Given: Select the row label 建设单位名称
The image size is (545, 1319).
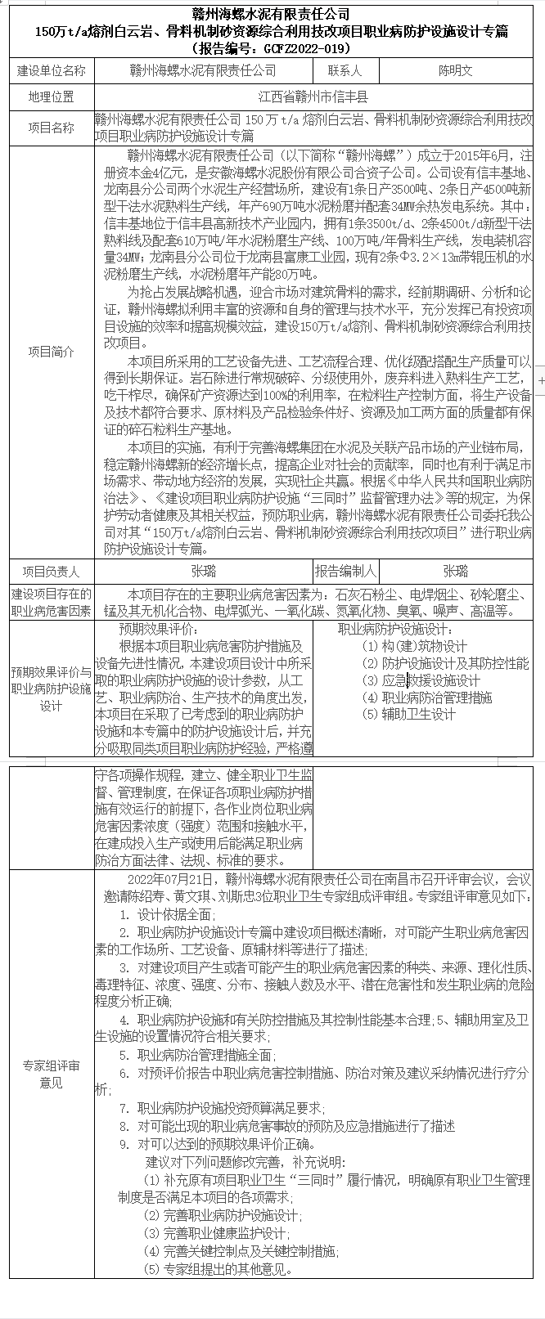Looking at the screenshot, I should [x=51, y=71].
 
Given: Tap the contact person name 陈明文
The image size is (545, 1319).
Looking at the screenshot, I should [x=455, y=71].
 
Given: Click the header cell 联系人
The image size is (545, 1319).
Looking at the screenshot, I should [x=345, y=71].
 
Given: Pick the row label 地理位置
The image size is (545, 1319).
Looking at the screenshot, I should [x=51, y=97].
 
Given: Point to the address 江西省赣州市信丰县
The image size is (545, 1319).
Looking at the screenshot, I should [x=313, y=97].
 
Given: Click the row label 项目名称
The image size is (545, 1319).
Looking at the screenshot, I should [x=51, y=128].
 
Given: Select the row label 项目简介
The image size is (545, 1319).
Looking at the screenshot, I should [x=51, y=352].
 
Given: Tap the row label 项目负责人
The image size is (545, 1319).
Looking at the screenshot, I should [x=51, y=571].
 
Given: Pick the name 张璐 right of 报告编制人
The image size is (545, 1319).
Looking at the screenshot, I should [x=455, y=571].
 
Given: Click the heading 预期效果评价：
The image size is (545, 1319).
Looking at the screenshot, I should [x=158, y=630].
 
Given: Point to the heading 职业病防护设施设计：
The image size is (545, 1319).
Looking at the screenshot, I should [x=394, y=630].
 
